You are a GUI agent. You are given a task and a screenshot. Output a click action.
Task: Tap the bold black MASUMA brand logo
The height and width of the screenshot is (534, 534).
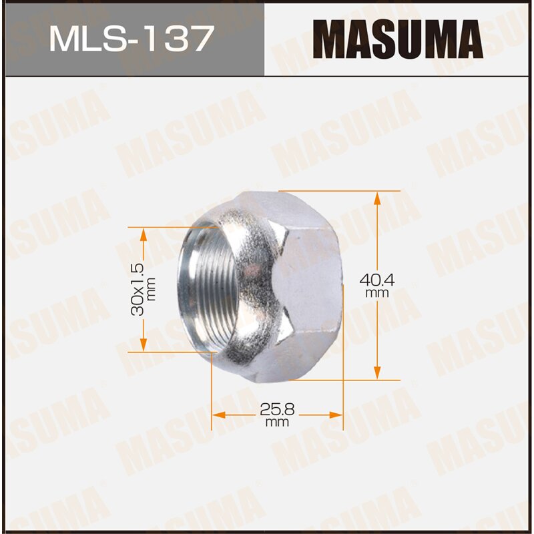click(x=398, y=39)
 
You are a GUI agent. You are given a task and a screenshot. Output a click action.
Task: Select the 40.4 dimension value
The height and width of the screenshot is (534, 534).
click(x=377, y=281)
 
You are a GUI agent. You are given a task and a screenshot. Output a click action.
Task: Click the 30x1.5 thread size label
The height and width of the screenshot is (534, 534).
click(x=138, y=289)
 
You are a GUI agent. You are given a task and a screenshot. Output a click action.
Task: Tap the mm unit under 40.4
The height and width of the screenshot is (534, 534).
click(x=377, y=293)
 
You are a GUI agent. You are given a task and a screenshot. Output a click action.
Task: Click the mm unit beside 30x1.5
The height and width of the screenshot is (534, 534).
click(x=152, y=290)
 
